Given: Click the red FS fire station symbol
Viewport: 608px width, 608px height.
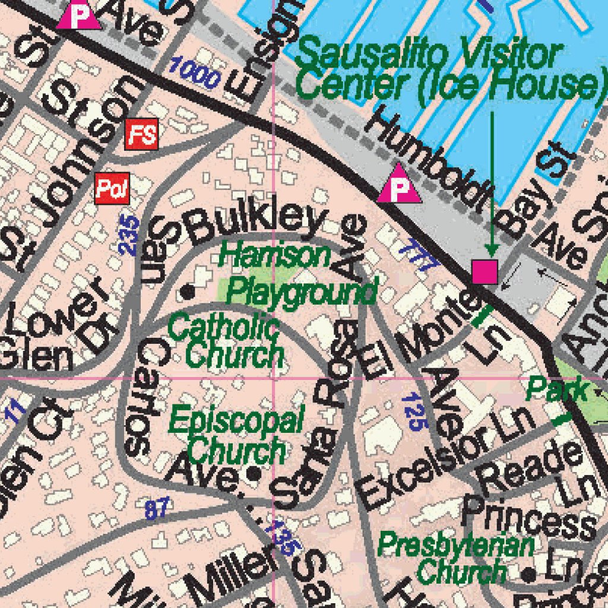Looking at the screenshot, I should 142,134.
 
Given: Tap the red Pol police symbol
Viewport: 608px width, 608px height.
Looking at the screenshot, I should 112,189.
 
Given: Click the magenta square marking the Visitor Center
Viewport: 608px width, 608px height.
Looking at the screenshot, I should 484,271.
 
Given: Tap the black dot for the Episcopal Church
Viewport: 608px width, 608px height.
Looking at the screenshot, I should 254,474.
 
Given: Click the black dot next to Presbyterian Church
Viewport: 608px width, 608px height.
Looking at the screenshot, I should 529,574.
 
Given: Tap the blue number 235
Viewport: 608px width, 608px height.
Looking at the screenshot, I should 129,235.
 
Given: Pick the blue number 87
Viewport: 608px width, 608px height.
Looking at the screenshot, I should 157,508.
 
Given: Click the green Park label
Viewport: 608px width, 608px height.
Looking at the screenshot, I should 557,390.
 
